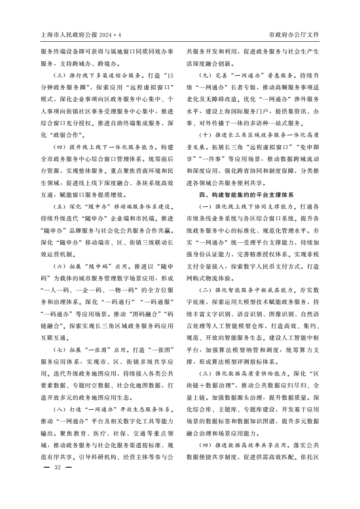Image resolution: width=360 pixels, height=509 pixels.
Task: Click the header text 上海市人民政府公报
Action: pyautogui.click(x=68, y=35)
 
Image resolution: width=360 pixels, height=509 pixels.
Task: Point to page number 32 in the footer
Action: pyautogui.click(x=57, y=467)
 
